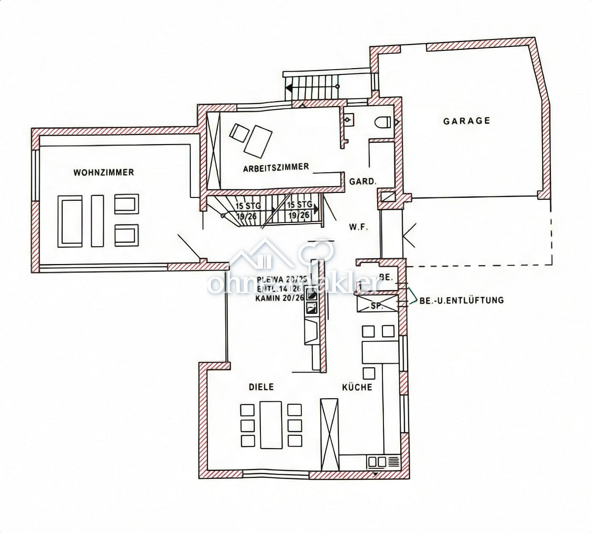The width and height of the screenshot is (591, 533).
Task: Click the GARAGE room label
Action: click(x=466, y=120)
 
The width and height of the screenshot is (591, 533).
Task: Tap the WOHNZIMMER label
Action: click(x=104, y=172)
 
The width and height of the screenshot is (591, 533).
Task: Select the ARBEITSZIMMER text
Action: click(x=276, y=167)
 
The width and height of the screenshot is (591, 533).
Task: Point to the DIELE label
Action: click(x=261, y=387)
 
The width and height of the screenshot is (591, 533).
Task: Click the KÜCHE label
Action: click(x=357, y=387)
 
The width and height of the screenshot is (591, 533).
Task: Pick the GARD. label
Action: click(x=363, y=181)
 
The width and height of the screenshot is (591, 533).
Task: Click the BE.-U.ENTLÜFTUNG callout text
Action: click(x=461, y=300)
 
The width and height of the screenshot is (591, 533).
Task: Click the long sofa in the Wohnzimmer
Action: click(x=70, y=221)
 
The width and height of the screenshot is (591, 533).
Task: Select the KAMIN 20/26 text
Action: click(x=280, y=298)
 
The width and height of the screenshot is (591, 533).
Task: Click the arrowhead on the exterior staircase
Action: click(x=289, y=87)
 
